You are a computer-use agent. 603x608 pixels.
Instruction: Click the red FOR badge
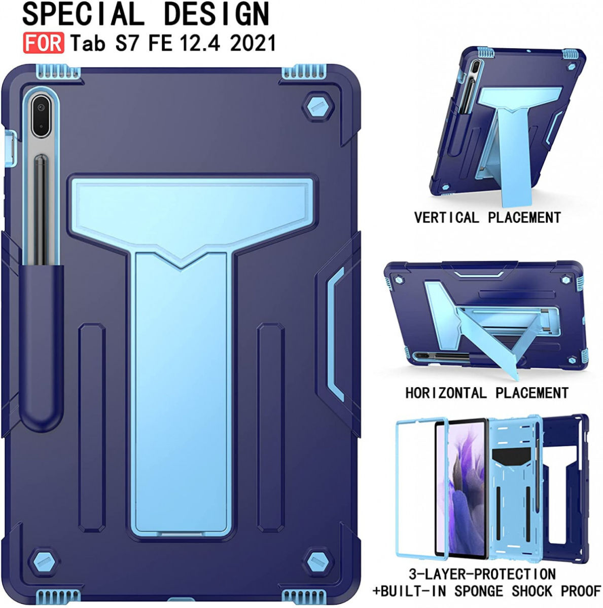[43, 43]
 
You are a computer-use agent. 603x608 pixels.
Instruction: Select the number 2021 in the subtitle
[253, 43]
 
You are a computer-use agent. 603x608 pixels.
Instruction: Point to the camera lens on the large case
[40, 107]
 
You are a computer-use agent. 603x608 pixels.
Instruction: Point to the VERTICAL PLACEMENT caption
[487, 218]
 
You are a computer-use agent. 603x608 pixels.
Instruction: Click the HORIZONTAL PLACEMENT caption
[486, 393]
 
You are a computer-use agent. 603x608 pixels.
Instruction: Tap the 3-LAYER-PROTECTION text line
[482, 574]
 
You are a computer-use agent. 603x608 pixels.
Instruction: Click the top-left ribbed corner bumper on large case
[59, 73]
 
